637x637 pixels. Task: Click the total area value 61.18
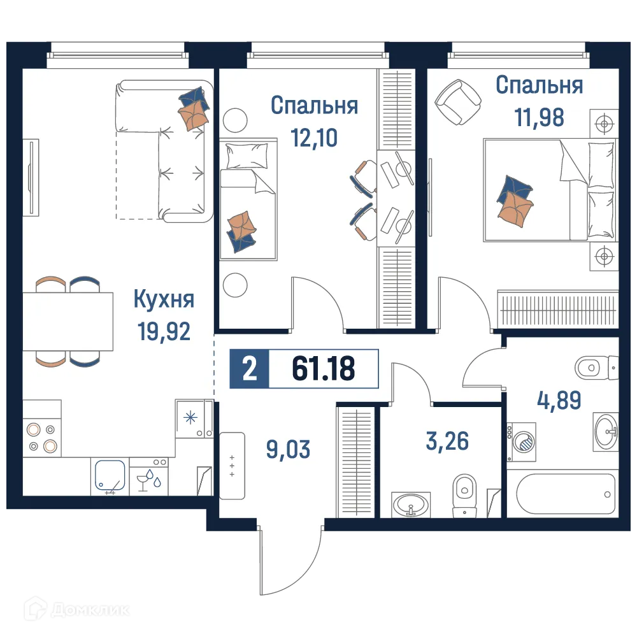[324, 368]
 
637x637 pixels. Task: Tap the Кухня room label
[164, 298]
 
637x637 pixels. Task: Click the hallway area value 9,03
[288, 449]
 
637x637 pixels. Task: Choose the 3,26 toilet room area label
[447, 440]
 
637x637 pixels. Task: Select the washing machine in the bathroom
[522, 441]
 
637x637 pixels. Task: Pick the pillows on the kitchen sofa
[194, 108]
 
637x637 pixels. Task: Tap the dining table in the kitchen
[68, 321]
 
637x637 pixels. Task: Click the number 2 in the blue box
[250, 369]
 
